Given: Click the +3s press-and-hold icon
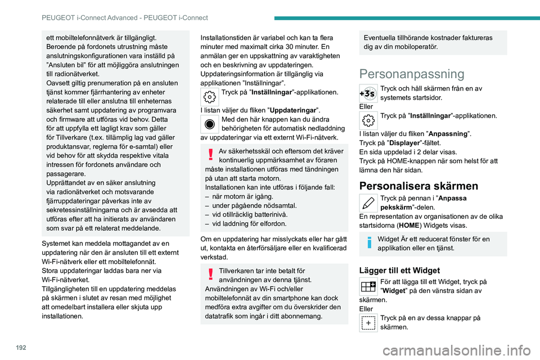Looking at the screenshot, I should (x=368, y=93).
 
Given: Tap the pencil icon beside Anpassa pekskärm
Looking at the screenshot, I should (x=368, y=202).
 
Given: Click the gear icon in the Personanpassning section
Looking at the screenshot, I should (x=368, y=120).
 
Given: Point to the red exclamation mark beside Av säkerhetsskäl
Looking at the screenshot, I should (x=209, y=155).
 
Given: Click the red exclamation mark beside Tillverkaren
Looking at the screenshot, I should (x=209, y=274).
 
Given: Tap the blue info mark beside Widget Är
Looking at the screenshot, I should (x=368, y=243).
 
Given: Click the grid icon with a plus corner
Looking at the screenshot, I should (x=368, y=286).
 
